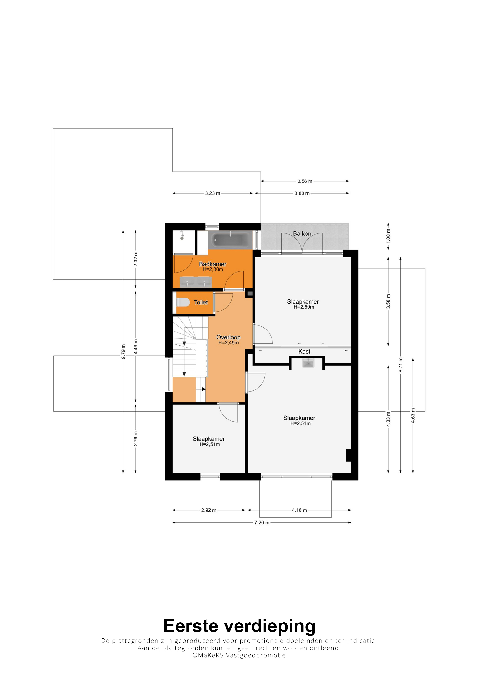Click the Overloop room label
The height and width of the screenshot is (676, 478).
(229, 337)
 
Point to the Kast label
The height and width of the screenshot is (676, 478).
(304, 352)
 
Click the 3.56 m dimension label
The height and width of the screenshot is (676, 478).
(305, 181)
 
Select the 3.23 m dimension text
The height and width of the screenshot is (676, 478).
(213, 193)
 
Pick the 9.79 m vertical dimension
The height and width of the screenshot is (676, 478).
(123, 352)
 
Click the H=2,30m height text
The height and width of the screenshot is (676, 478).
(213, 269)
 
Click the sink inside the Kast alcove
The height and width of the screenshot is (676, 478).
(308, 363)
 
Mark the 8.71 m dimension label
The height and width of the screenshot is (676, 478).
(401, 365)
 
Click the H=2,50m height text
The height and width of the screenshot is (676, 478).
(304, 307)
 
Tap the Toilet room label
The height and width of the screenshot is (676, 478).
(201, 302)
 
